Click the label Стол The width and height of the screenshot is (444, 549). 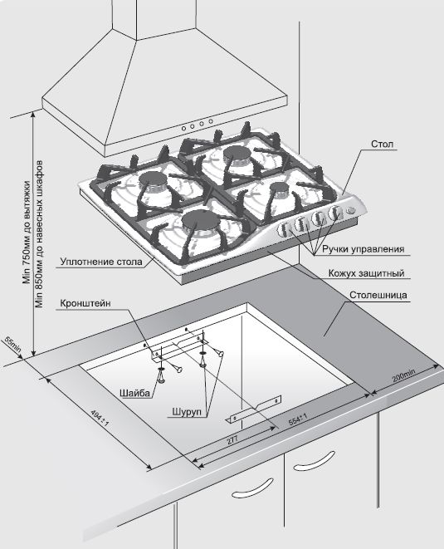tap(382, 144)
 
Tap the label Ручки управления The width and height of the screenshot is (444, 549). tap(363, 249)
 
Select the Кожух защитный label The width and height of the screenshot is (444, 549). tap(366, 272)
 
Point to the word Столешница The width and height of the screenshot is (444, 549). tap(378, 295)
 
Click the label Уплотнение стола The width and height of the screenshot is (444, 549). tap(101, 262)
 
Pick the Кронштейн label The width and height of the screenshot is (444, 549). tap(85, 303)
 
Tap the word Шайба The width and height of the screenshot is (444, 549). tap(134, 393)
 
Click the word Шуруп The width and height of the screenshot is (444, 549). tap(187, 411)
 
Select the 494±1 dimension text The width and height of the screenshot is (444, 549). tap(100, 418)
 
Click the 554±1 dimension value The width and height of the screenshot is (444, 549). tap(298, 419)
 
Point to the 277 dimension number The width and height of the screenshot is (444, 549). tap(232, 439)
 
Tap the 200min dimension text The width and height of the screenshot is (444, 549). tap(404, 376)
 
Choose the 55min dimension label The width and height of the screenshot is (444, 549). tap(13, 345)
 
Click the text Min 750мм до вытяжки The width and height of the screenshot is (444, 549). tap(27, 232)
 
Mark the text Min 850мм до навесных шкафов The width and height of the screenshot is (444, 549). tap(39, 234)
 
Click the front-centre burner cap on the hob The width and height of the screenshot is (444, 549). tap(200, 221)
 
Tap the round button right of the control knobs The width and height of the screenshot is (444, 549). tap(350, 210)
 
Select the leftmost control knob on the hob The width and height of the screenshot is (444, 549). tap(283, 230)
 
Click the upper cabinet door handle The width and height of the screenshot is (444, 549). tap(314, 461)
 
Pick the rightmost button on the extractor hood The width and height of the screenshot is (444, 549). tap(211, 121)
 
